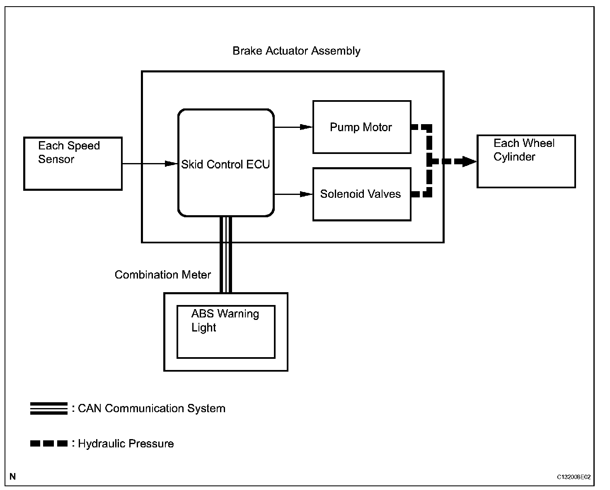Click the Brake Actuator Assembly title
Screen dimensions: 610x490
click(296, 51)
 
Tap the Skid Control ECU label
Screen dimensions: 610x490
click(225, 164)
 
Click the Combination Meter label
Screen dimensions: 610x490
click(163, 274)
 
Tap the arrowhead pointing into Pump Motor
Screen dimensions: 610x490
click(306, 127)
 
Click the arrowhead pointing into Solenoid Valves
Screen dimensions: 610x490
click(306, 194)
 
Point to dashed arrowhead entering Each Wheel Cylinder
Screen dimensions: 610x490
click(470, 161)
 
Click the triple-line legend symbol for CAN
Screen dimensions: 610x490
click(49, 408)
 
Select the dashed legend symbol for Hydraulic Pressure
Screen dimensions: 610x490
click(49, 443)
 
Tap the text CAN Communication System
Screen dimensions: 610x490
click(152, 408)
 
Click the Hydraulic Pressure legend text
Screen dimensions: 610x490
click(126, 444)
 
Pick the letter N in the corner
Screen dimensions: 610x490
click(13, 477)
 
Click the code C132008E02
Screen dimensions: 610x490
click(574, 477)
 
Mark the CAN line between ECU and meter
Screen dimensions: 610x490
click(226, 255)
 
